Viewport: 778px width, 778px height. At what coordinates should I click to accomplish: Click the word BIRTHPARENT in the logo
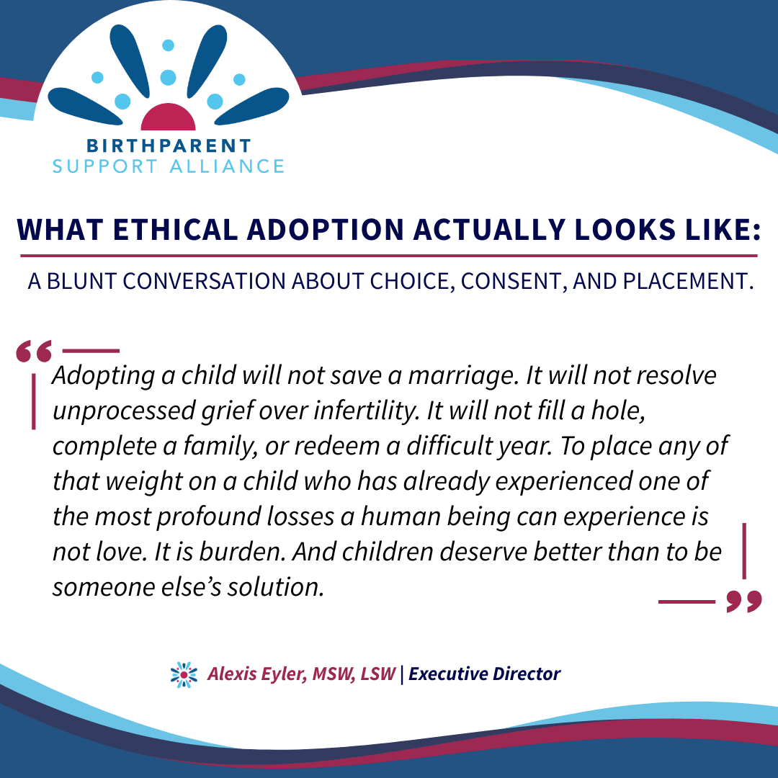coord(168,146)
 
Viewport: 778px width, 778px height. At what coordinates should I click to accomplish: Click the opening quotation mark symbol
coord(35,351)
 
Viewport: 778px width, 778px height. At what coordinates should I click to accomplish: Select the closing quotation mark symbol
coord(743,601)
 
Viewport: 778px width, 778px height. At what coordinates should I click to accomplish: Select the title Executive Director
coord(484,674)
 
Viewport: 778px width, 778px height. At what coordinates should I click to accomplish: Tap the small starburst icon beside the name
coord(184,674)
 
